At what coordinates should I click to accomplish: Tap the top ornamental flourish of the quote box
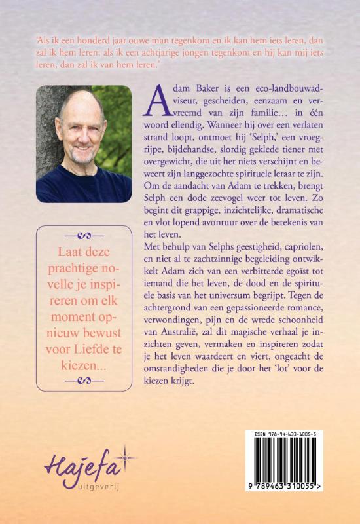click(x=89, y=235)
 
